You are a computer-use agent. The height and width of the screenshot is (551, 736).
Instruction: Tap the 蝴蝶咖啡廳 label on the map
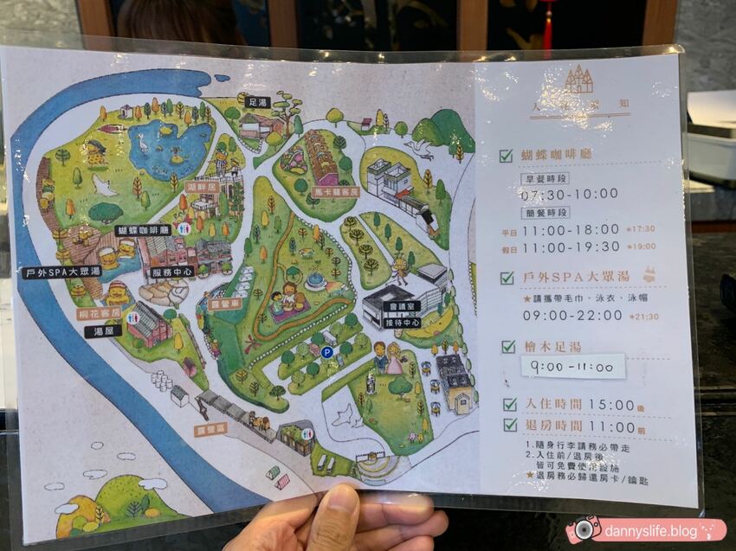click(x=143, y=230)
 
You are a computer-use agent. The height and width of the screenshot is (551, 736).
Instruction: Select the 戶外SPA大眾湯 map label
click(x=61, y=272)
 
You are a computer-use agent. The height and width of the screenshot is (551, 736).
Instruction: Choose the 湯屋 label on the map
click(x=102, y=331)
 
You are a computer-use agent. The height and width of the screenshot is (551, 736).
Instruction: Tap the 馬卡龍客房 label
click(x=335, y=191)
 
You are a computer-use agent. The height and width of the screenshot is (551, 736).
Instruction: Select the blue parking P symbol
click(x=327, y=352)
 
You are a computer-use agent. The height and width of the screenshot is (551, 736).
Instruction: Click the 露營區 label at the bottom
click(x=210, y=429)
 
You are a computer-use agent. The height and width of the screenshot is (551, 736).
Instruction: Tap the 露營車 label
click(x=223, y=304)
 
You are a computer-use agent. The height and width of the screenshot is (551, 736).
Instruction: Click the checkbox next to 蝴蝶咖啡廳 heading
click(x=506, y=157)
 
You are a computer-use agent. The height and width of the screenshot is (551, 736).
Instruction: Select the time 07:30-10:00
click(x=569, y=193)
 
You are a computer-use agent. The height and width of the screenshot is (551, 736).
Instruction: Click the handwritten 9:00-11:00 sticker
click(x=571, y=366)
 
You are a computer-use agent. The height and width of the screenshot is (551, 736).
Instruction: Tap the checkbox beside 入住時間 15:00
click(x=510, y=404)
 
